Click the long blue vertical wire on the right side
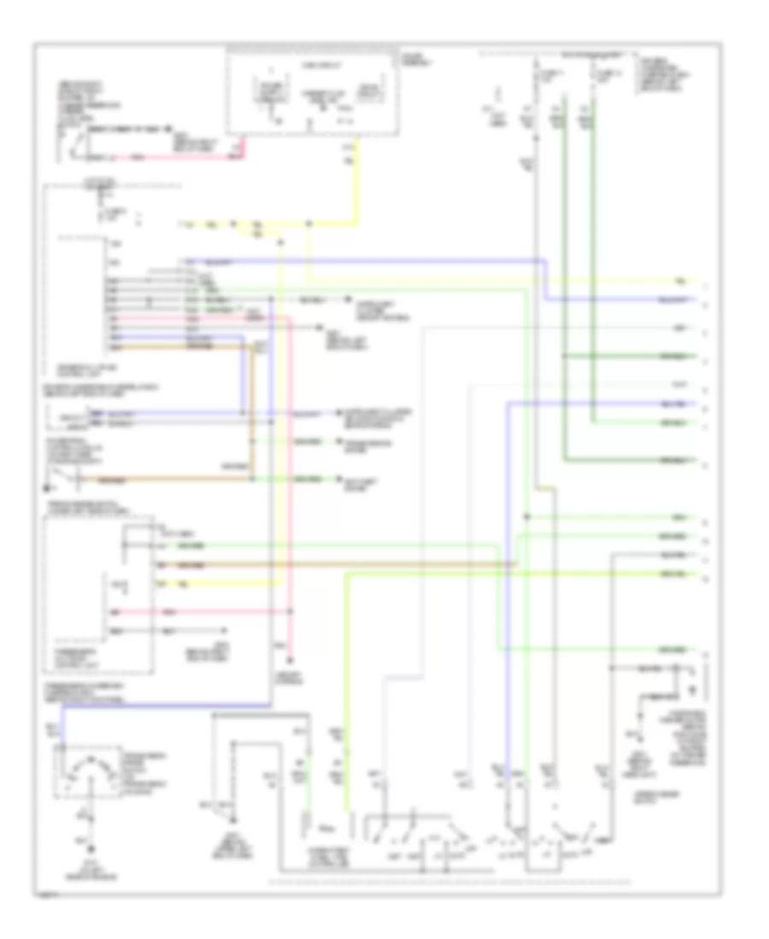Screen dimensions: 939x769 [x=506, y=598]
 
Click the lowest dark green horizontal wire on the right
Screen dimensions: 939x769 [x=632, y=460]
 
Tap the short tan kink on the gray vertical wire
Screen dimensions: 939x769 [x=547, y=488]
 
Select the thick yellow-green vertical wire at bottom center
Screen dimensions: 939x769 [x=347, y=683]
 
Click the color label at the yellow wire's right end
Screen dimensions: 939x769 [x=681, y=280]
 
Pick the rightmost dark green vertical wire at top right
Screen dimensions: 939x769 [x=596, y=256]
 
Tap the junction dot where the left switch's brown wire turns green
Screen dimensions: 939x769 [x=251, y=479]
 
